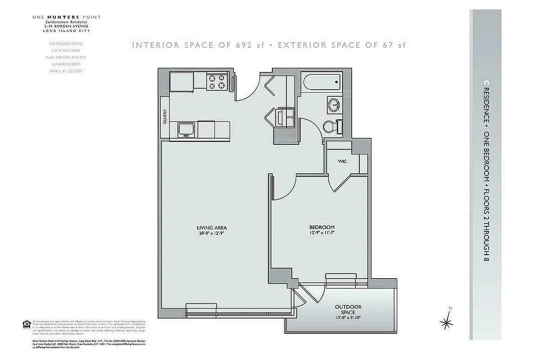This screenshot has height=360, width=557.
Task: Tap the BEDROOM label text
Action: tap(322, 227)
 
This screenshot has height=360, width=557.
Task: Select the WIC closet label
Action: tap(342, 161)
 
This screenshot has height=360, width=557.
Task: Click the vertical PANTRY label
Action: tap(165, 117)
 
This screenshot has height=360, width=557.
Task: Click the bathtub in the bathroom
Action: tap(322, 83)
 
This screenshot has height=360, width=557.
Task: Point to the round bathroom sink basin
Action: tap(334, 106)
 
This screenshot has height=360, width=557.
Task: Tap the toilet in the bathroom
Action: tap(330, 126)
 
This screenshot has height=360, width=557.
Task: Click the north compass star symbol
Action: tap(447, 322)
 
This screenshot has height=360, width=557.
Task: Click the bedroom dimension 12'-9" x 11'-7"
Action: tap(322, 233)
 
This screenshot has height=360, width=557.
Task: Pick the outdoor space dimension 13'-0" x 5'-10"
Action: tap(348, 317)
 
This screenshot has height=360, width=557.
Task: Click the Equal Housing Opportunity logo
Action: tap(27, 324)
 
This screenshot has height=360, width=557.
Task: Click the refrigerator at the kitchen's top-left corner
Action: tap(182, 81)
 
